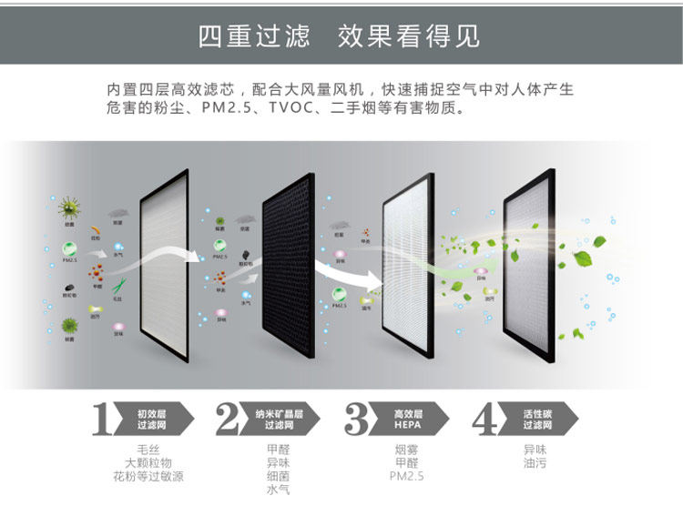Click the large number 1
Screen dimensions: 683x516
click(103, 420)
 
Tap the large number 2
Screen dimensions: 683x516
click(229, 420)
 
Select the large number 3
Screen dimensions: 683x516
click(358, 420)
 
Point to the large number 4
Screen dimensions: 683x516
click(486, 420)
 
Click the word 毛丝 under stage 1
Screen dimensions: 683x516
click(148, 450)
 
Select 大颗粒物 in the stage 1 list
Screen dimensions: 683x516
click(148, 463)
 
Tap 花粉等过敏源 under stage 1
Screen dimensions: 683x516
click(148, 477)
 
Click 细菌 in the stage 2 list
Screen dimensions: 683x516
click(278, 477)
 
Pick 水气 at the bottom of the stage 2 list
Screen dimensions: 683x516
click(278, 491)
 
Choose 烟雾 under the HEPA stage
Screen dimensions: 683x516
click(406, 450)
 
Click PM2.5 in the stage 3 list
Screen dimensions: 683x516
click(406, 477)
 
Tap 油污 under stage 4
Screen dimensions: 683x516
click(535, 463)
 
